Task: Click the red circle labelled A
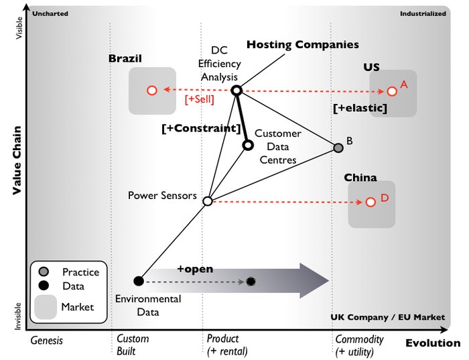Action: click(x=392, y=91)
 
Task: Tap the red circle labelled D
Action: click(x=370, y=202)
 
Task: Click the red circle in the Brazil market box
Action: click(x=151, y=90)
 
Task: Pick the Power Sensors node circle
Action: click(x=208, y=200)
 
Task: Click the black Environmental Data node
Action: click(x=139, y=281)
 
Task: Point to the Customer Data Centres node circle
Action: click(x=248, y=145)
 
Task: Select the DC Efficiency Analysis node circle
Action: click(x=236, y=91)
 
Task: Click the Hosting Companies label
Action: click(x=303, y=45)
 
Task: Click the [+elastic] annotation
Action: click(x=360, y=108)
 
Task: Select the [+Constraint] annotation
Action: click(x=201, y=128)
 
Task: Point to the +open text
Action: click(x=195, y=269)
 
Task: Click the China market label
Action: click(x=360, y=178)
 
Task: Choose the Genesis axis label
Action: click(x=47, y=340)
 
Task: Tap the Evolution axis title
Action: click(x=433, y=343)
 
